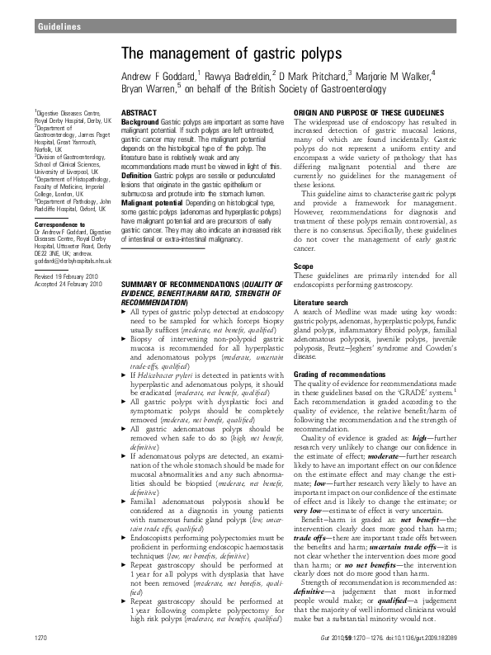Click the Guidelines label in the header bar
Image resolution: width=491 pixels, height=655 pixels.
[x=58, y=28]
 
